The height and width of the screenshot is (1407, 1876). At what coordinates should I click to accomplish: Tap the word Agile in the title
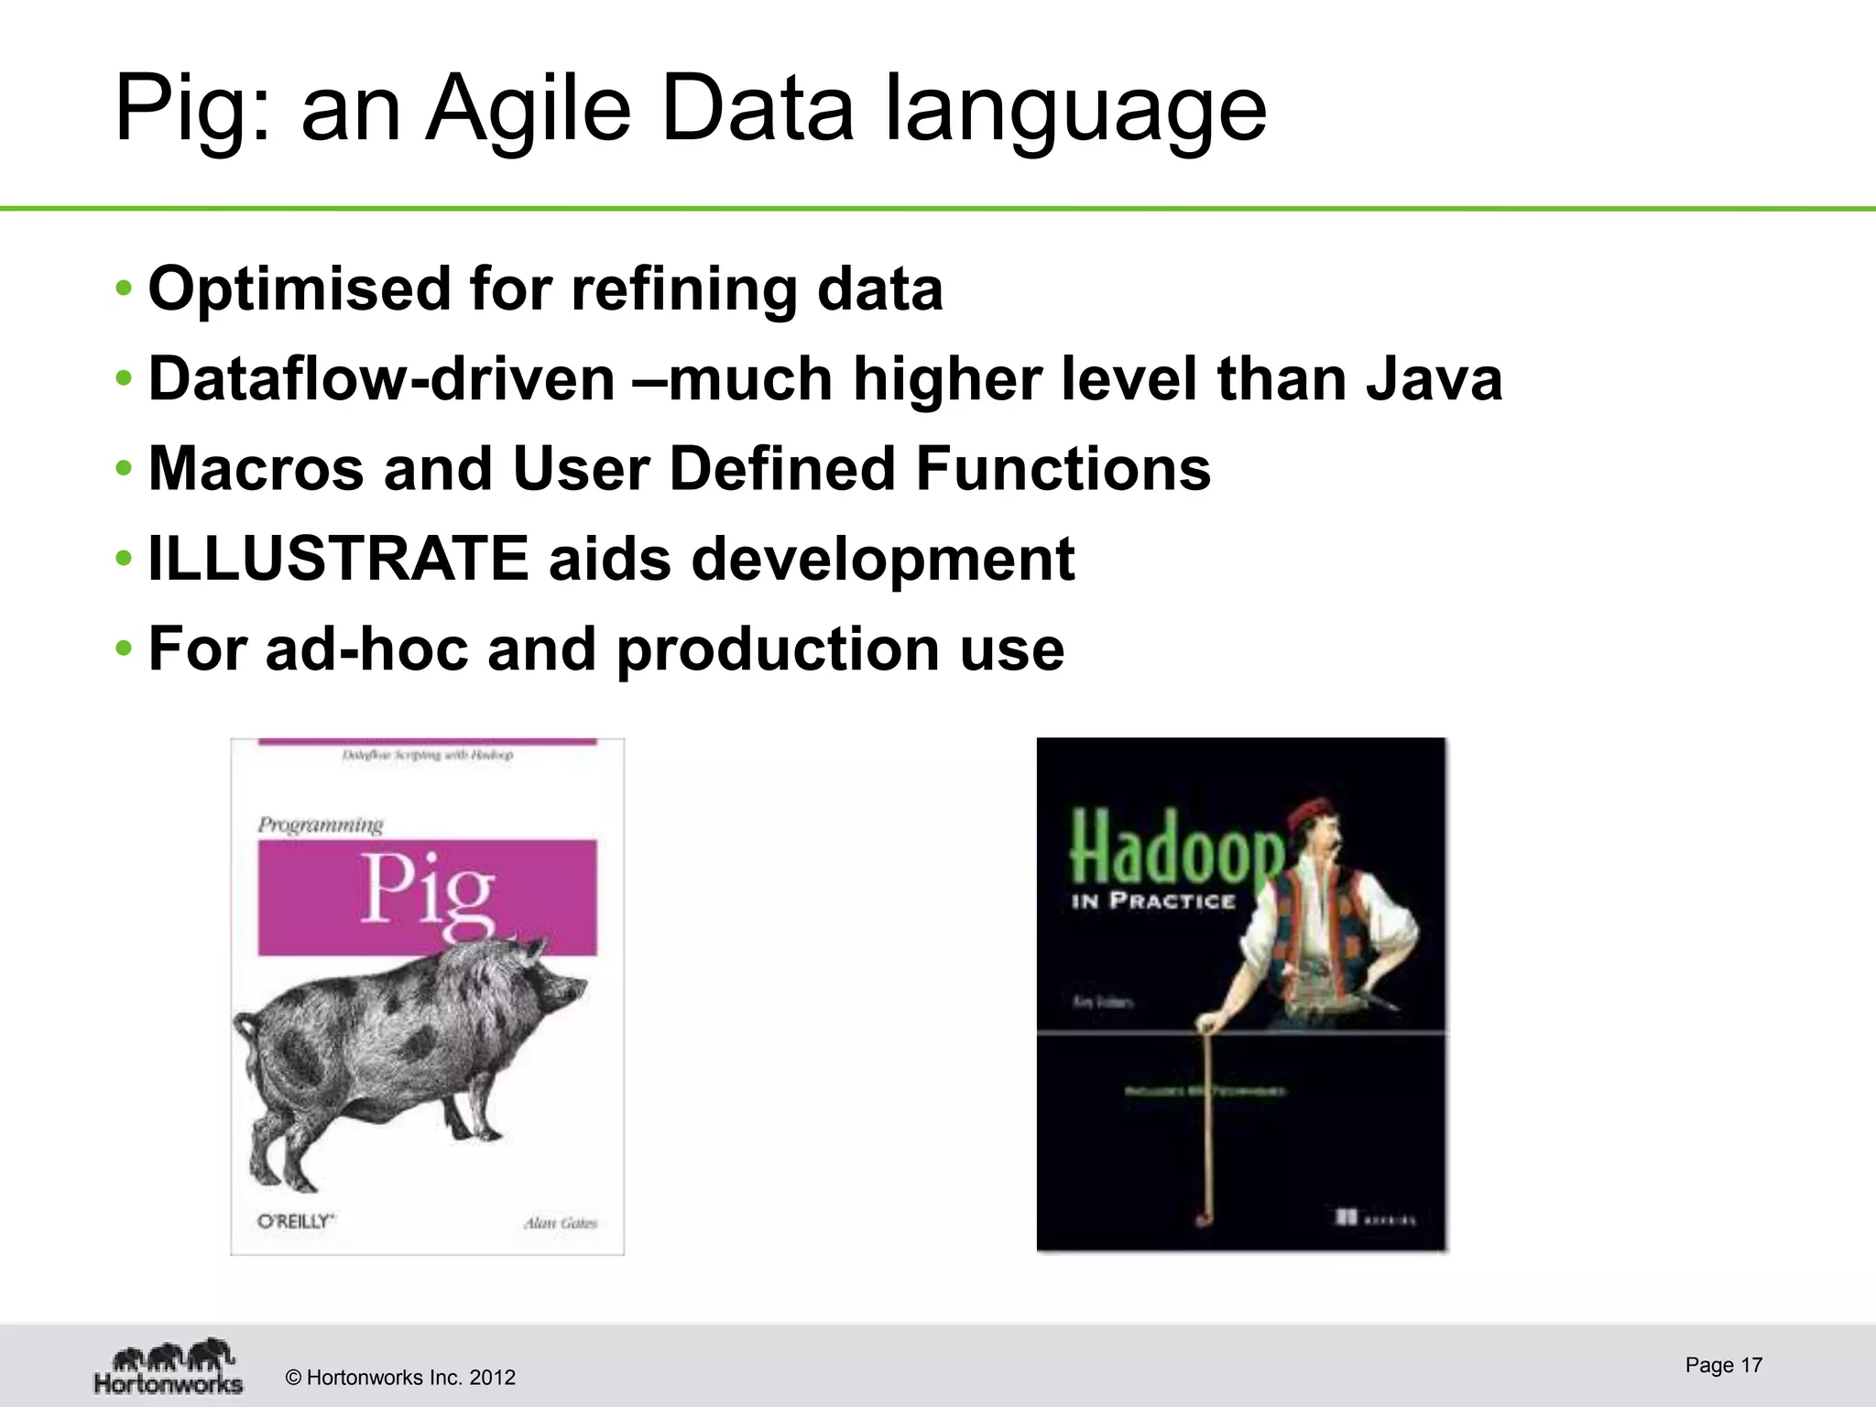point(529,110)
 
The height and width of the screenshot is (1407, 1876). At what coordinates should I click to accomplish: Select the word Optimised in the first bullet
point(299,289)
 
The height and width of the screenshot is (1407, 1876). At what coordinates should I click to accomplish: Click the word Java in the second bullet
point(1434,379)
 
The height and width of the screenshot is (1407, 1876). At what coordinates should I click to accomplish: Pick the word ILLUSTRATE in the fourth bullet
point(338,559)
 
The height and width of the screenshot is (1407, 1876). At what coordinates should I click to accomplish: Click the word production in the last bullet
point(777,650)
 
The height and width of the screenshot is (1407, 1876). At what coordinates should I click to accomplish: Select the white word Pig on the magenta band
point(428,893)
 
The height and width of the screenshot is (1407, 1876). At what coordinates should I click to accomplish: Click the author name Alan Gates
point(560,1223)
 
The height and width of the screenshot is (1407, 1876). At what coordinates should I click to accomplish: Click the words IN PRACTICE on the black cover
point(1153,901)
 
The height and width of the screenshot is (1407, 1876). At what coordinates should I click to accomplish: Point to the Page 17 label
point(1723,1365)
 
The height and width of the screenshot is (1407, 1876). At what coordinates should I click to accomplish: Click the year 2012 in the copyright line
point(492,1378)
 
